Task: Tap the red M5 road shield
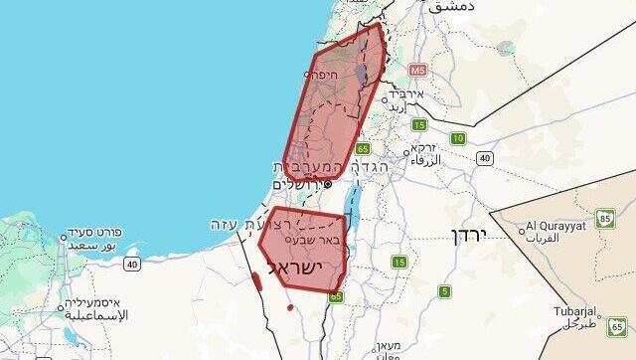coord(416,71)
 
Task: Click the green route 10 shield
coord(457,138)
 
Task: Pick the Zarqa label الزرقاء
coord(423,160)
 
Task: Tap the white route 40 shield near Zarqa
coord(484,157)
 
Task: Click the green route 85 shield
coord(605,218)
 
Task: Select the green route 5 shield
coord(444,291)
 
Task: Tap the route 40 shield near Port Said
coord(132,264)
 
